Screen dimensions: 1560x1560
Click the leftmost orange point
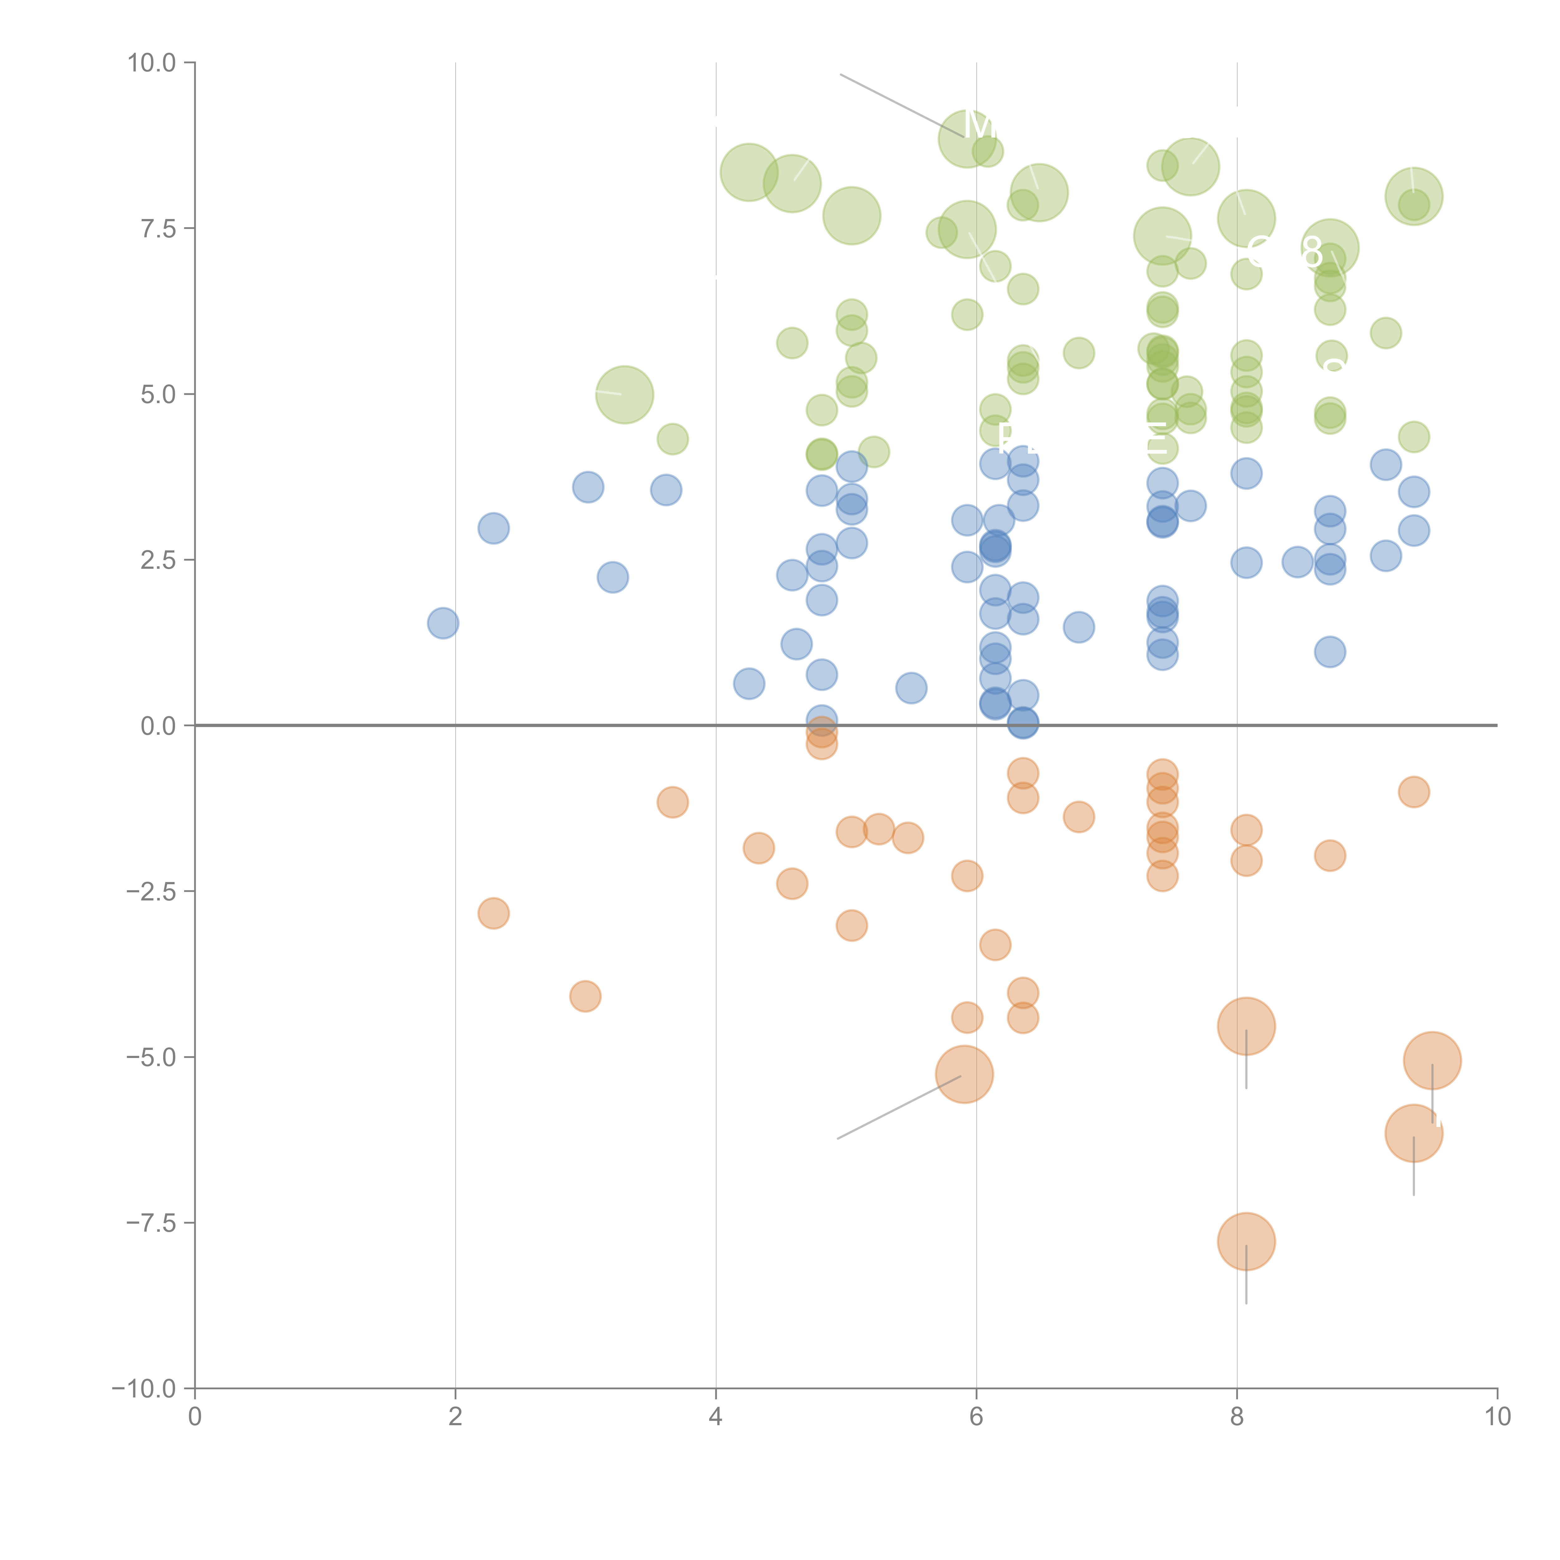[493, 913]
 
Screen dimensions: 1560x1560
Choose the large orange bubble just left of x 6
[964, 1074]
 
